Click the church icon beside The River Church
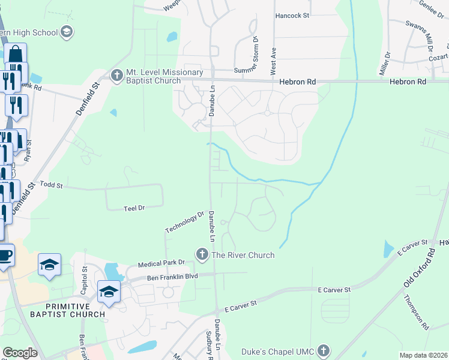[x=202, y=255]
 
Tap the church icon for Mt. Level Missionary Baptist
[x=118, y=75]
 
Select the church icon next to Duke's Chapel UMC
[x=324, y=350]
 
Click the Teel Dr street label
[x=134, y=208]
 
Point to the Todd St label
[x=51, y=186]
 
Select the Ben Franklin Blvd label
[x=173, y=278]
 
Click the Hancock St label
[x=292, y=16]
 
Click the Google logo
[x=20, y=353]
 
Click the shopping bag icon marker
[x=16, y=54]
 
